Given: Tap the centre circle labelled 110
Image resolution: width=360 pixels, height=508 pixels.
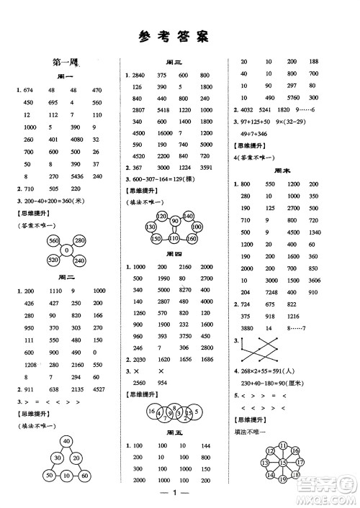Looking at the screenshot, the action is pyautogui.click(x=174, y=239).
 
